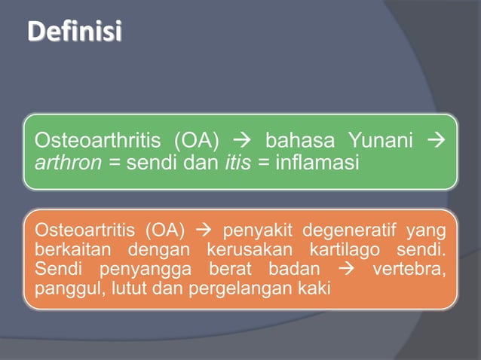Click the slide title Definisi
[73, 34]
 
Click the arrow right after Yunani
[437, 141]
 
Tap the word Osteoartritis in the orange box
[78, 229]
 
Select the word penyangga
[126, 268]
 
